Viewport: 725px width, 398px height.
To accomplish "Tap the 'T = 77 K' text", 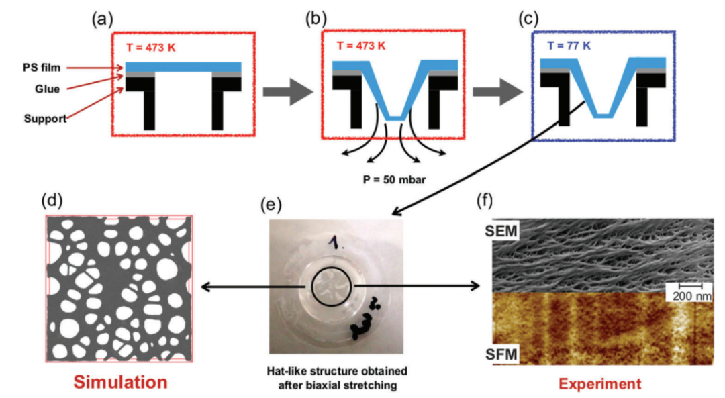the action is coord(569,46).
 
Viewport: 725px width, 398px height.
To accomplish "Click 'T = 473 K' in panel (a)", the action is coord(151,47).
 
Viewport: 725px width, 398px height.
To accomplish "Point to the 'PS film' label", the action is coord(42,68).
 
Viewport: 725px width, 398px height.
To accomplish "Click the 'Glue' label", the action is coord(47,89).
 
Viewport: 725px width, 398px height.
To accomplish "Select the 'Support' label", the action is coord(46,119).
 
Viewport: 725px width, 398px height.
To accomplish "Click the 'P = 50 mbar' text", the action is coord(394,179).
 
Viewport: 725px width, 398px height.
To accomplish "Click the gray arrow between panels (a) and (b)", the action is coord(287,91).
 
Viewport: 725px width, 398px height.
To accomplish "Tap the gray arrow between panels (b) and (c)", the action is coord(497,91).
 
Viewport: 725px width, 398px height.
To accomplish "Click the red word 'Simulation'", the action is coord(120,382).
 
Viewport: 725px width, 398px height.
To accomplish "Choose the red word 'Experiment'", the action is coord(599,384).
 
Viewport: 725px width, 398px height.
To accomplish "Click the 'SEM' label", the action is coord(501,230).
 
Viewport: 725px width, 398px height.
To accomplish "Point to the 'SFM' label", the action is coord(501,354).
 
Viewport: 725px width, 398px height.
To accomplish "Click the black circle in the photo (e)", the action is coord(311,287).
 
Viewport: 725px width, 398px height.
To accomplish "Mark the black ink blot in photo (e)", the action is coord(361,324).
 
